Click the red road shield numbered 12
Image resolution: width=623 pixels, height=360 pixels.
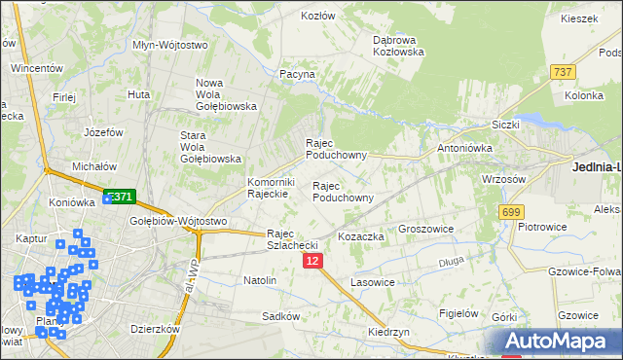[311, 261]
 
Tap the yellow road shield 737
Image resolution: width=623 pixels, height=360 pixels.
[563, 72]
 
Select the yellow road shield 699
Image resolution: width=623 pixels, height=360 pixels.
[511, 211]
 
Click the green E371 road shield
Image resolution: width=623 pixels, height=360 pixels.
[119, 197]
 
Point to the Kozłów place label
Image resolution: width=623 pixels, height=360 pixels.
[318, 17]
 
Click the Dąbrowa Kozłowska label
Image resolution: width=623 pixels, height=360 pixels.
[399, 46]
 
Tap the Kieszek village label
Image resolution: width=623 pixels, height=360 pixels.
[578, 18]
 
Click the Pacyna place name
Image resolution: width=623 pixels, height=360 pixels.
[297, 74]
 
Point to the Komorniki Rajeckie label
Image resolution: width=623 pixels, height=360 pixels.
[271, 187]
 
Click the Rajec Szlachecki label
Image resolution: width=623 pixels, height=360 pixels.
[292, 239]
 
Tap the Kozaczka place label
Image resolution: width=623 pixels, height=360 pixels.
[361, 236]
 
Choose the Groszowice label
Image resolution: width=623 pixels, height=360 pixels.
[428, 230]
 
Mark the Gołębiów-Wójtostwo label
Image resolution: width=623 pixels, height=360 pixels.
[178, 221]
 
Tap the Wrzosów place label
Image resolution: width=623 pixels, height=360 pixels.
[504, 179]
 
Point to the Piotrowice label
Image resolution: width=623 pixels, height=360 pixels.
[542, 226]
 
